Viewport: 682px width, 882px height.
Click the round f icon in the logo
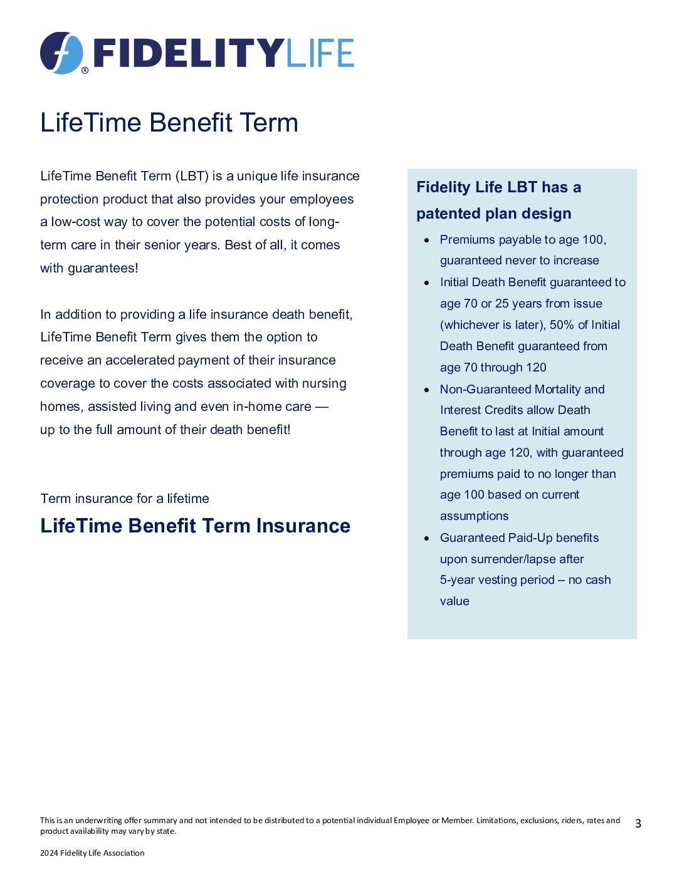(x=61, y=53)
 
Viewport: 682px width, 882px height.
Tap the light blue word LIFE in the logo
(x=320, y=53)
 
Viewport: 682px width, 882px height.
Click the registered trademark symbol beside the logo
(x=85, y=71)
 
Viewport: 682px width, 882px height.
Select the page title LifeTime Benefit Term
(x=169, y=123)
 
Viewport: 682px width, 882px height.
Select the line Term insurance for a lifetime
(x=125, y=499)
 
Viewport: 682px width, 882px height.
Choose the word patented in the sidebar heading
(x=445, y=214)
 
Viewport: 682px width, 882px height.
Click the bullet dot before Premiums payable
(x=427, y=240)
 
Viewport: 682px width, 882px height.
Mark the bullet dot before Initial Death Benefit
(x=427, y=283)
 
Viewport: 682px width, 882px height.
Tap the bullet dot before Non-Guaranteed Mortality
(x=427, y=390)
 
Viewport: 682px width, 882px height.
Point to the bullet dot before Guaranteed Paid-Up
(x=427, y=538)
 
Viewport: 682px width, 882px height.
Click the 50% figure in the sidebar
(x=562, y=324)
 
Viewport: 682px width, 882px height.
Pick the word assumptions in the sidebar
(x=474, y=516)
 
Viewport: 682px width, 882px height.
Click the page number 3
(x=638, y=824)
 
